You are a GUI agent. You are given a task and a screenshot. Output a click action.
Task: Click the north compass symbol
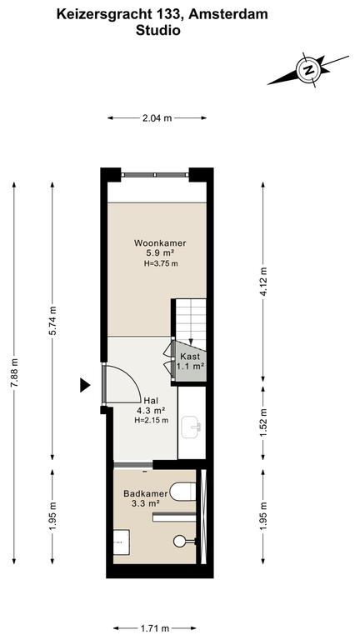click(309, 69)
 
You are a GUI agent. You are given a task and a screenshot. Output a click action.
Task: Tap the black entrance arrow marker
click(84, 385)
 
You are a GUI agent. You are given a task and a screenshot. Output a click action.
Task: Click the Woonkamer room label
click(160, 243)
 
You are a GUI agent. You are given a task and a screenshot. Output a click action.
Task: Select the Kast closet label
click(190, 357)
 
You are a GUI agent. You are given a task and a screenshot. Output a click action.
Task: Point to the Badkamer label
click(146, 494)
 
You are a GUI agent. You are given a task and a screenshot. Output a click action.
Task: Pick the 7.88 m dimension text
click(15, 372)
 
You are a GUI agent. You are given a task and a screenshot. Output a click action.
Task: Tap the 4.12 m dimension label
click(264, 282)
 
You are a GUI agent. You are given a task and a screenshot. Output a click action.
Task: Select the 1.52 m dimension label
click(264, 422)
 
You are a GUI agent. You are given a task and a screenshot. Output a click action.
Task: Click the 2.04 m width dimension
click(157, 118)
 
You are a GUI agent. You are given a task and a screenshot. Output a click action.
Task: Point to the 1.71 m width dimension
click(155, 628)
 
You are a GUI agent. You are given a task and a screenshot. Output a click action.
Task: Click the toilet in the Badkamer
click(182, 492)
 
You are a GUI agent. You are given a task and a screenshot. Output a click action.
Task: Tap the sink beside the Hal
click(192, 427)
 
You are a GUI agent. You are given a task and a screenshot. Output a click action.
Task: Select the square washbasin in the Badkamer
click(122, 542)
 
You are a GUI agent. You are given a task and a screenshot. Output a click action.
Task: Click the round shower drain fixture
click(180, 541)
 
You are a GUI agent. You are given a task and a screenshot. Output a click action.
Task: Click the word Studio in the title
click(158, 30)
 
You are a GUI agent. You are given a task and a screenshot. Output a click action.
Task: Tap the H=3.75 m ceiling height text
click(161, 263)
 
